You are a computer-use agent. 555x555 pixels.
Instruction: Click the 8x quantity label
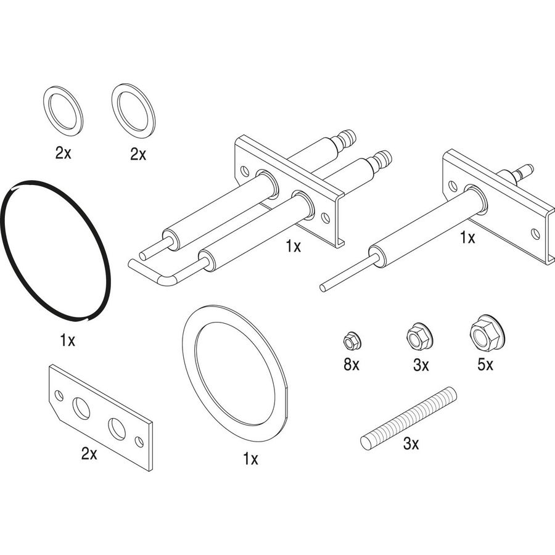coord(351,364)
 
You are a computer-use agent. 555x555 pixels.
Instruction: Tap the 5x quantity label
coord(485,364)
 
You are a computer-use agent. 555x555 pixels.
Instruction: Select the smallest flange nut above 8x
coord(351,340)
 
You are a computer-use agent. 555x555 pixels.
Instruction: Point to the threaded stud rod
coord(408,418)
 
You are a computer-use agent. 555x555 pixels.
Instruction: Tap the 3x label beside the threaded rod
coord(411,443)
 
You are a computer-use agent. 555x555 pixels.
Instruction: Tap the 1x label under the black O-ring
coord(67,340)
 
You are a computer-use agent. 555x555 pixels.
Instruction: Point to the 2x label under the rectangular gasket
coord(89,453)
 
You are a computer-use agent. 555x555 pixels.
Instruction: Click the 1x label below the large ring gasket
coord(250,459)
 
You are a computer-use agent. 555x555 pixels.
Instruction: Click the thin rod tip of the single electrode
coord(323,288)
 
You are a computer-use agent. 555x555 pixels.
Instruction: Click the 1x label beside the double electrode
coord(294,246)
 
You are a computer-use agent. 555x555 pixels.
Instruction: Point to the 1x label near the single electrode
coord(467,238)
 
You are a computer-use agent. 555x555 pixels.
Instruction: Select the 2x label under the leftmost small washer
coord(64,153)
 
